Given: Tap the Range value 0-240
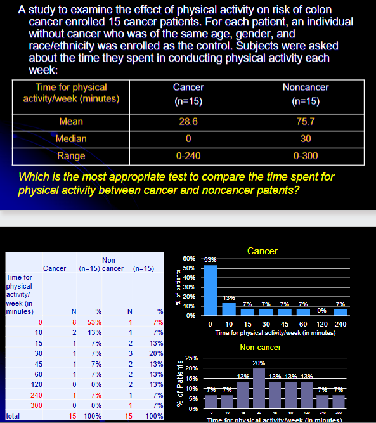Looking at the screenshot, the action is [188, 156].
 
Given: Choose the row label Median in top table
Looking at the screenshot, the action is [72, 138].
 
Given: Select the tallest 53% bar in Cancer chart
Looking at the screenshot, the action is [209, 289].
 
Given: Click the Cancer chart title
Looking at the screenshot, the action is [263, 251].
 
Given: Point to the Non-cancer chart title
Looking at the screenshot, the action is [261, 347].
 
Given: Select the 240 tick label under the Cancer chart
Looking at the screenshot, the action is [340, 325].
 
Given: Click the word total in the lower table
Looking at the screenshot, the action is [11, 416].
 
